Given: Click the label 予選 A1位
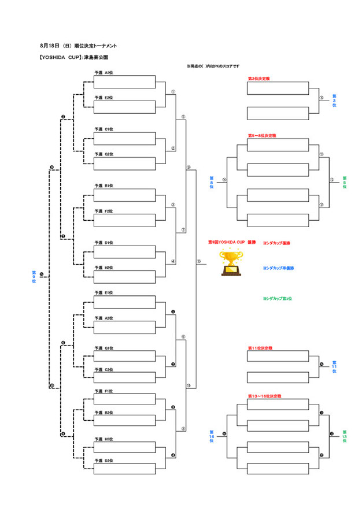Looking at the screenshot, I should point(104,73).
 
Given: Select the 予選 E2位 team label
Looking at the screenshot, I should point(104,98).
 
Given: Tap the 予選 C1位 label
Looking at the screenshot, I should point(104,129).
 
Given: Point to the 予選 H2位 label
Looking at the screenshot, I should point(104,268).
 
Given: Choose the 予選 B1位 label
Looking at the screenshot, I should point(104,186).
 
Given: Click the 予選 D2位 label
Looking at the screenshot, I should point(104,461).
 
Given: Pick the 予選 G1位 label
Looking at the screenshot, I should point(104,348).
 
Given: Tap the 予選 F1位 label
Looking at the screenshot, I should point(104,391).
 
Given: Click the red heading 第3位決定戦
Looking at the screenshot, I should point(258,78).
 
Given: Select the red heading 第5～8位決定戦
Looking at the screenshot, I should point(261,136).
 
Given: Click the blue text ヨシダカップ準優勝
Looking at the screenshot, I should point(278,269).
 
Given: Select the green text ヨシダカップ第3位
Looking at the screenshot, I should point(277,299).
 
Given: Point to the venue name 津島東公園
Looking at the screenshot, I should point(96,58).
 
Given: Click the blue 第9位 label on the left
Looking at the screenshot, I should point(34,276).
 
